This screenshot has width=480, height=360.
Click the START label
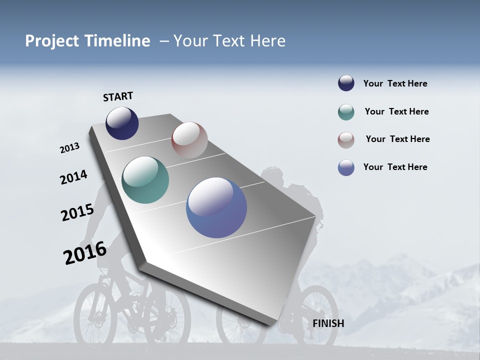[x=118, y=96]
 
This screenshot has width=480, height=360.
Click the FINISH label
[x=328, y=323]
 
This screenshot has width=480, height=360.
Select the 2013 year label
[x=69, y=148]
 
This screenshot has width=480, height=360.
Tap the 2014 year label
[x=73, y=177]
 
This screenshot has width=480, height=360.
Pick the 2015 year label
[x=77, y=212]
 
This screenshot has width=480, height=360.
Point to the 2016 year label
[x=84, y=252]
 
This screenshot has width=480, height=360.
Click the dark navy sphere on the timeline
[x=122, y=123]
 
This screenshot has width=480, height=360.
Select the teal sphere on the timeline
[x=145, y=180]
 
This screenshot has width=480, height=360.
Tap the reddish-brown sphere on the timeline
[x=189, y=140]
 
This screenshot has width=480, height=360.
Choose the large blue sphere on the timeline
[x=216, y=207]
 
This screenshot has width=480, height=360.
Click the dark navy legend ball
[x=346, y=83]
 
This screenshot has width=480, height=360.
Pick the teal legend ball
[x=346, y=112]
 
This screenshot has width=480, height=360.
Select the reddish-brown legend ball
[x=346, y=140]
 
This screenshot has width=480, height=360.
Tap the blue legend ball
[x=346, y=167]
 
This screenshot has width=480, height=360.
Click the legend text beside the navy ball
[x=395, y=83]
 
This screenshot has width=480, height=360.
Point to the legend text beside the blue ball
[x=395, y=167]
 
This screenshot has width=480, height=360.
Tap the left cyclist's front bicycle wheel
[x=95, y=315]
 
